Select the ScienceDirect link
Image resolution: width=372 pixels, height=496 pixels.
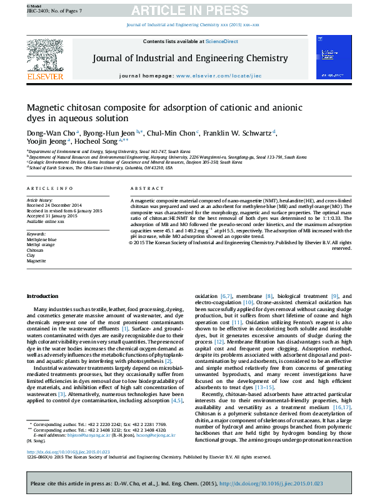point(222,41)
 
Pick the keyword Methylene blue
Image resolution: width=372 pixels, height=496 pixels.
point(41,239)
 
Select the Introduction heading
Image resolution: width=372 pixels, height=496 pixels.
point(43,295)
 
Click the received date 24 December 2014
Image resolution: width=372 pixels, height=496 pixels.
point(63,205)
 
